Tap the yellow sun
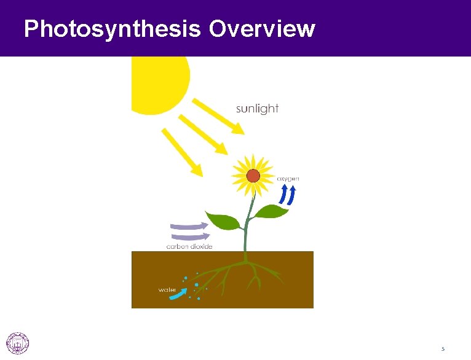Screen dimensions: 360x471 [x=157, y=80]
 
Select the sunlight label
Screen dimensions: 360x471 [x=258, y=109]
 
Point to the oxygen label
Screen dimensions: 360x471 [x=288, y=178]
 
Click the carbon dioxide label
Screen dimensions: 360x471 [x=189, y=246]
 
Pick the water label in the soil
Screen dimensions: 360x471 [x=167, y=289]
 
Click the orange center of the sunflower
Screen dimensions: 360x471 [x=253, y=176]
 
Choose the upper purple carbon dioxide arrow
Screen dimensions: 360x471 [x=190, y=225]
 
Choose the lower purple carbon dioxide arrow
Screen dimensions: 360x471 [x=190, y=235]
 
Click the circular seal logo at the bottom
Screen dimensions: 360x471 [x=17, y=343]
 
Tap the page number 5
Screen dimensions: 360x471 [x=442, y=349]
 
